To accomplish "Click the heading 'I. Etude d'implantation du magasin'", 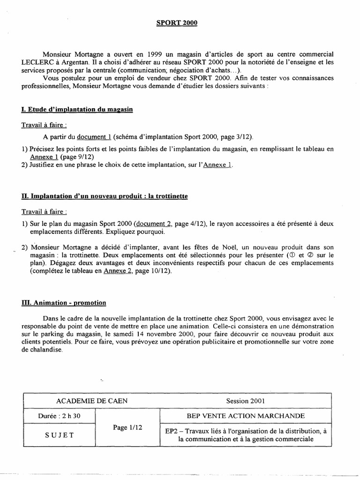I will (77, 109).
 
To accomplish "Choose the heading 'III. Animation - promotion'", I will (64, 303).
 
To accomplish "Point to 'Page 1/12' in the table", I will (127, 427).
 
